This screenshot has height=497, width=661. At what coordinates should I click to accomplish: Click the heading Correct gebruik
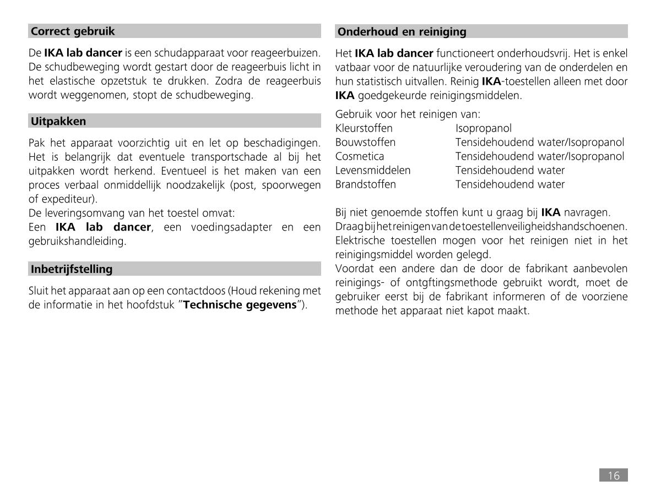pos(73,31)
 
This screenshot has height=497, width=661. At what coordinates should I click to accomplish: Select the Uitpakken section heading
pos(58,121)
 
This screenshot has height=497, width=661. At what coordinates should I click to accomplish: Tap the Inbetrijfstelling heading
pos(72,269)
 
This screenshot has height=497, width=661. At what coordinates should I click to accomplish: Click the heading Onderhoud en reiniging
pos(402,32)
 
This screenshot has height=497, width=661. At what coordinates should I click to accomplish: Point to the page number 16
pos(613,476)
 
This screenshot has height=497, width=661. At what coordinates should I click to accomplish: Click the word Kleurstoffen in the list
pos(364,128)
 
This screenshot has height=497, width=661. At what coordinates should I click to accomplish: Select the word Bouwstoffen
pos(365,143)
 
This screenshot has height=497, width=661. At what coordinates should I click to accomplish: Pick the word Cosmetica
pos(360,156)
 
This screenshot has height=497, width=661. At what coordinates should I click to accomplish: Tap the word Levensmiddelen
pos(373,171)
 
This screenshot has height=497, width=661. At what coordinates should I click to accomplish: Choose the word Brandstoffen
pos(365,184)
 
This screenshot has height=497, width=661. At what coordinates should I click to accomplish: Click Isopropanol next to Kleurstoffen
pos(483,128)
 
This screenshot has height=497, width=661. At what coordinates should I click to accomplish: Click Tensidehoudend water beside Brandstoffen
pos(510,184)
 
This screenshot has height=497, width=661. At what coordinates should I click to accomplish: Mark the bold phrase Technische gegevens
pos(240,305)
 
